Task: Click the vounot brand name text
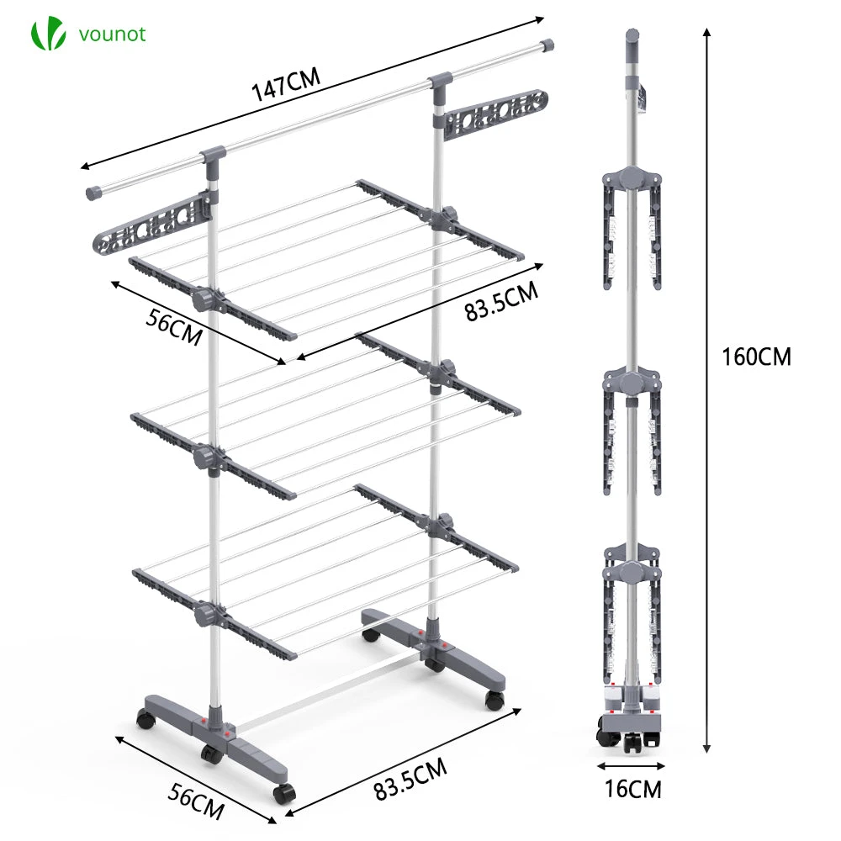(112, 34)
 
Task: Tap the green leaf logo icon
(47, 34)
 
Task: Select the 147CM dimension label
(286, 86)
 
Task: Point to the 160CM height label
(756, 356)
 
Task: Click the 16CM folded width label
(632, 790)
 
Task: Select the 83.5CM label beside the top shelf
(500, 302)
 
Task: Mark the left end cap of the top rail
(93, 193)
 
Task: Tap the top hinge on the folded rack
(632, 177)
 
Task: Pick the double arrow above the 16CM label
(632, 765)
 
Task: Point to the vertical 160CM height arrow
(707, 387)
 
